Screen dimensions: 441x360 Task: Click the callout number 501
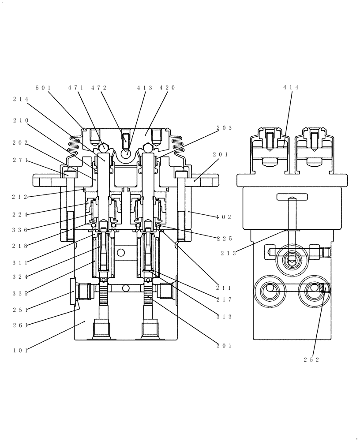click(43, 88)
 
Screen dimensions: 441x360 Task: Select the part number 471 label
click(76, 88)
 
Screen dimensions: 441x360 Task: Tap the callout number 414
click(291, 88)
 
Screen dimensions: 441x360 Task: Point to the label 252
click(311, 359)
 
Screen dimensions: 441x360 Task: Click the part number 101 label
click(20, 351)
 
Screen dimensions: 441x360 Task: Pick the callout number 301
click(224, 346)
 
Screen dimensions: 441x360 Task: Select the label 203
click(224, 128)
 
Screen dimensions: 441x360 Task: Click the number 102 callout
click(224, 217)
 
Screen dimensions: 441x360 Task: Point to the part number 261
click(20, 325)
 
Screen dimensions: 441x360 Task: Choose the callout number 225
click(224, 239)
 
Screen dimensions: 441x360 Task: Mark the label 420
click(167, 88)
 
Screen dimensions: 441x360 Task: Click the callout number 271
click(20, 160)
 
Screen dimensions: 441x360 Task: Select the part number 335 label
click(20, 293)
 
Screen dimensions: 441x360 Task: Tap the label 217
click(224, 300)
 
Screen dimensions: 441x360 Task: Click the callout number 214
click(20, 99)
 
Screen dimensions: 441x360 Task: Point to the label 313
click(224, 317)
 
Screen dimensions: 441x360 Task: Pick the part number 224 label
click(20, 215)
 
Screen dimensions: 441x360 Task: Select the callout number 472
click(99, 88)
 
